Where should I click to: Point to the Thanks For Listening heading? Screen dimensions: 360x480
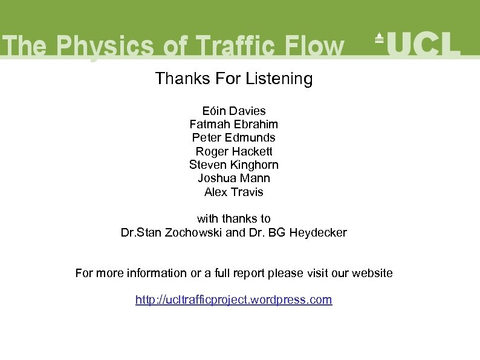click(234, 79)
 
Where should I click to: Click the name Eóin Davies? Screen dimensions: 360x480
click(234, 111)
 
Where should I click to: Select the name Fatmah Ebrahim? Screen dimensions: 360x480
click(234, 124)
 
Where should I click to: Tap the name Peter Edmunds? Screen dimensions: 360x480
click(234, 137)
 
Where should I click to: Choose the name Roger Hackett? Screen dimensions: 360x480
click(234, 151)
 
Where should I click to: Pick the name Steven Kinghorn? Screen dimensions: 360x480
click(234, 165)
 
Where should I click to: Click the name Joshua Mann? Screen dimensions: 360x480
click(234, 178)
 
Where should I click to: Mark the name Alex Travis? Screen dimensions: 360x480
click(234, 192)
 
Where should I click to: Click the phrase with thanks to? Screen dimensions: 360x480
click(234, 218)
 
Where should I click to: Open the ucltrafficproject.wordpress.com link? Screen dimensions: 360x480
click(234, 299)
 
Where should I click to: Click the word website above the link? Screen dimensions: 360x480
click(371, 273)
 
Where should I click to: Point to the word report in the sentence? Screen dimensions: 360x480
click(248, 273)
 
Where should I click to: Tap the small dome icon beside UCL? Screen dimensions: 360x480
click(379, 38)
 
